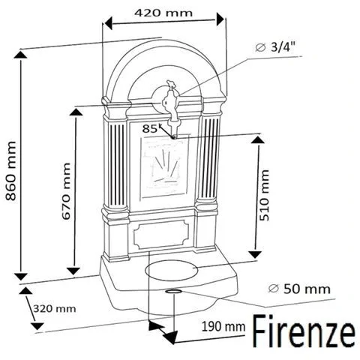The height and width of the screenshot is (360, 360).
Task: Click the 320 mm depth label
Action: (55, 308)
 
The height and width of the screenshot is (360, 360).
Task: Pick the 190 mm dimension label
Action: (223, 326)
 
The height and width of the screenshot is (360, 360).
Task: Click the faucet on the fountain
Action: (172, 105)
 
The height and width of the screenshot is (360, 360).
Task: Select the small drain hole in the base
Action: (173, 290)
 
